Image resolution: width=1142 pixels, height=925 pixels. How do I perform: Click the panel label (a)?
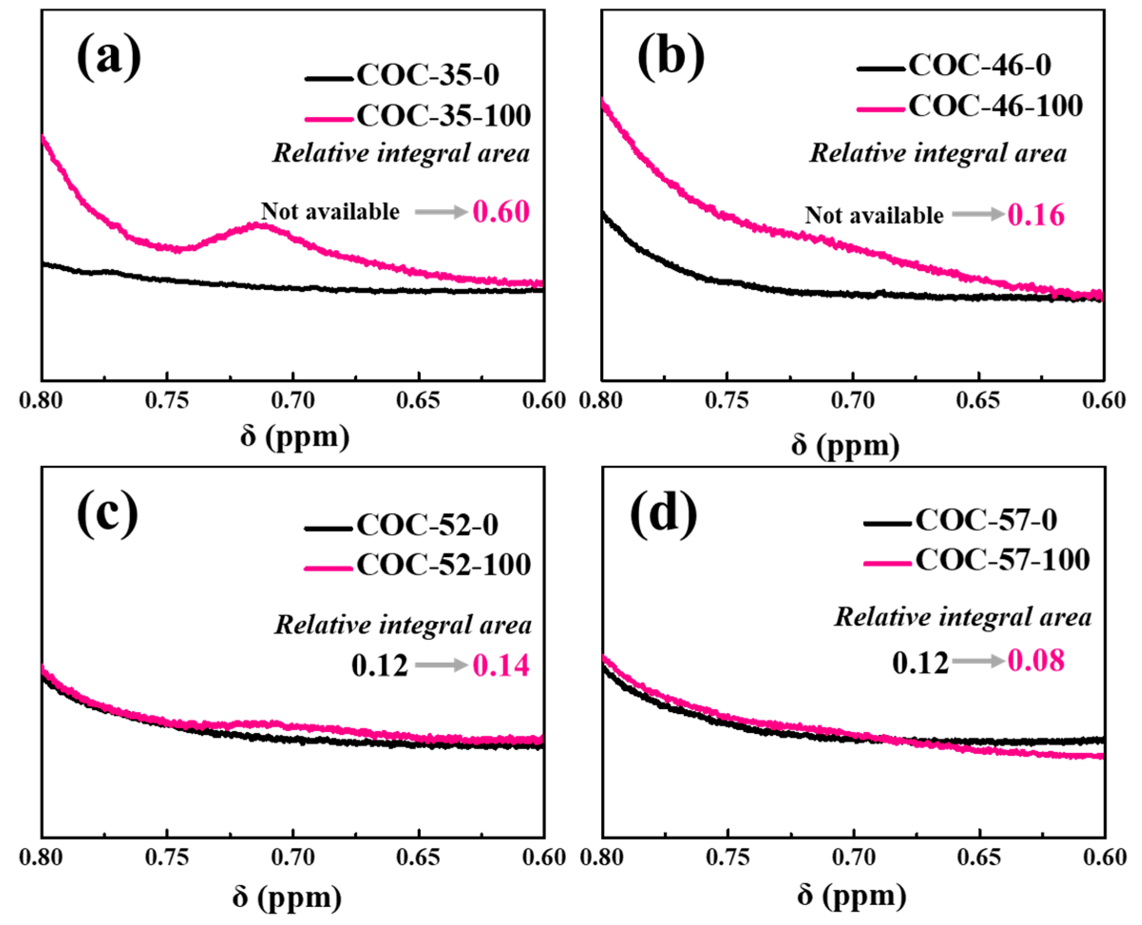[109, 57]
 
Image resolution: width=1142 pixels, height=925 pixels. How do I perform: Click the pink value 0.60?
[500, 212]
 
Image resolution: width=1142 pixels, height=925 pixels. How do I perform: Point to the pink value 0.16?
[1036, 215]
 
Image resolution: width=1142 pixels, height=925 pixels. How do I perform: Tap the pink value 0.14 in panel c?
[500, 666]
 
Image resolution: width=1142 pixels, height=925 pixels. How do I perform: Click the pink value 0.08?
[1036, 661]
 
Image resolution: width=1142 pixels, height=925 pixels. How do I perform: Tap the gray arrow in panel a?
[441, 212]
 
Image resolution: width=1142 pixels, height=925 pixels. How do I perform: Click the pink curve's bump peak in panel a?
[261, 225]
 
